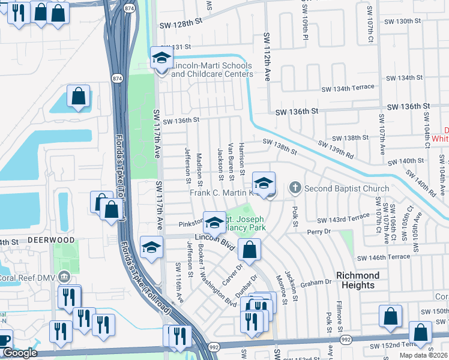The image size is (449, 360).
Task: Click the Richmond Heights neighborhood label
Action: tap(358, 280)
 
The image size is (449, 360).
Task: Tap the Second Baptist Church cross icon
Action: tap(295, 188)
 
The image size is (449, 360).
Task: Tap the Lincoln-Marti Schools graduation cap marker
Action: tap(161, 59)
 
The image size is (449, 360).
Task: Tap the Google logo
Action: tap(19, 353)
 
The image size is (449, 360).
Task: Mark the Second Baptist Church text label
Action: tap(347, 188)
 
